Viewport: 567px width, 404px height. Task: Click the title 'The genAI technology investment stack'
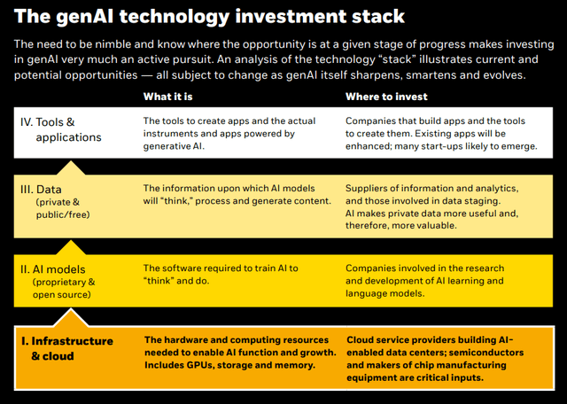click(209, 17)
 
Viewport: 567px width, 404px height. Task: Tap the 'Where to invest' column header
click(386, 96)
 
